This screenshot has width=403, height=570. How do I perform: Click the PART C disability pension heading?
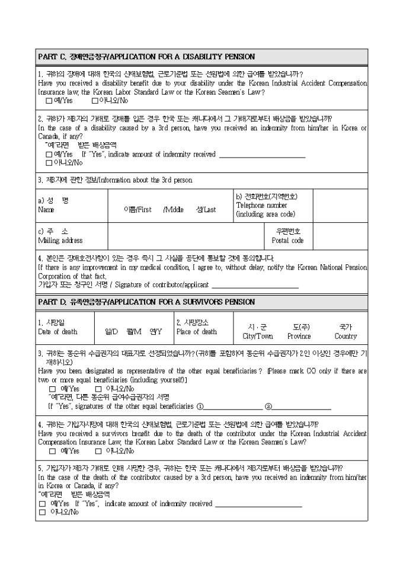click(x=146, y=57)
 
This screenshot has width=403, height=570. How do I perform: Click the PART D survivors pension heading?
click(x=146, y=302)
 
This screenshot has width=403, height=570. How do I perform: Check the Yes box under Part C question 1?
click(x=49, y=101)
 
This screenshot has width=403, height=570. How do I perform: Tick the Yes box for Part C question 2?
click(x=49, y=154)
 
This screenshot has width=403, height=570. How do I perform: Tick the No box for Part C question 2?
click(x=49, y=162)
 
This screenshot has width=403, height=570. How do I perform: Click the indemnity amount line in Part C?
click(x=262, y=156)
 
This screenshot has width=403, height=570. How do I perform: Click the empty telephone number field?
click(x=340, y=205)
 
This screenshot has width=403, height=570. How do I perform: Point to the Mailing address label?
click(x=60, y=241)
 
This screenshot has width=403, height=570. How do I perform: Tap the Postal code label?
click(x=287, y=241)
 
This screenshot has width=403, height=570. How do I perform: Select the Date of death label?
click(x=57, y=332)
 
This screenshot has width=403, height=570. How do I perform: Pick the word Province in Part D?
click(x=299, y=336)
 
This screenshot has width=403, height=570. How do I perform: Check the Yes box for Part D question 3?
click(x=52, y=389)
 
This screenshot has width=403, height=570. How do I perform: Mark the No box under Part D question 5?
click(x=42, y=512)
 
